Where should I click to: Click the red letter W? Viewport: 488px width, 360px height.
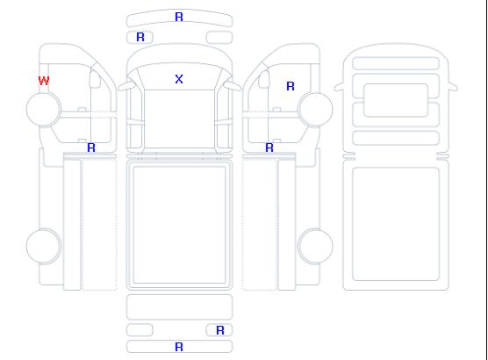(44, 81)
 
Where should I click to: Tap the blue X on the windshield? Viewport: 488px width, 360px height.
(179, 79)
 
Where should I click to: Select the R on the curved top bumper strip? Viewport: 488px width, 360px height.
(179, 17)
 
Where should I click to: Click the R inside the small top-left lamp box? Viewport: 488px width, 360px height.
(140, 37)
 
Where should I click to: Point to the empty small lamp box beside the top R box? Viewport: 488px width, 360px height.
(219, 38)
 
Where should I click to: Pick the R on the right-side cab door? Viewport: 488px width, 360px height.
(291, 86)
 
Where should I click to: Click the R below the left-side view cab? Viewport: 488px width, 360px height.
(91, 148)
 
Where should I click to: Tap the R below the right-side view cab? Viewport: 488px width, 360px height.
(269, 148)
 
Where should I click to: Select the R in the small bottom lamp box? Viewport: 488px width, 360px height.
(220, 330)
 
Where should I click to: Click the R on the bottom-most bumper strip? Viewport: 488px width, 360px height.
(179, 347)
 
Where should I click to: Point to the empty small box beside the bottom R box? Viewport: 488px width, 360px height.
(140, 330)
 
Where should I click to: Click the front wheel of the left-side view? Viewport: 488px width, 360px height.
(44, 109)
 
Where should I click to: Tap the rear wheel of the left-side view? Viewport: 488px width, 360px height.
(44, 246)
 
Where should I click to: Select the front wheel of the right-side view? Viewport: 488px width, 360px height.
(315, 109)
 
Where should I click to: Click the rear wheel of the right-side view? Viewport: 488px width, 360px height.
(315, 246)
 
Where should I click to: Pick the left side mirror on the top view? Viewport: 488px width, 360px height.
(126, 86)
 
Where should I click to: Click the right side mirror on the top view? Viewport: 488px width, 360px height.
(233, 86)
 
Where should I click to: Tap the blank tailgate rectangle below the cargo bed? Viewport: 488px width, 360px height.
(179, 306)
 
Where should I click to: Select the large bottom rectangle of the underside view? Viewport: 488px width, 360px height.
(396, 224)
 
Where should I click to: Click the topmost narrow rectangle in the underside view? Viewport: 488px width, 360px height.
(396, 63)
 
